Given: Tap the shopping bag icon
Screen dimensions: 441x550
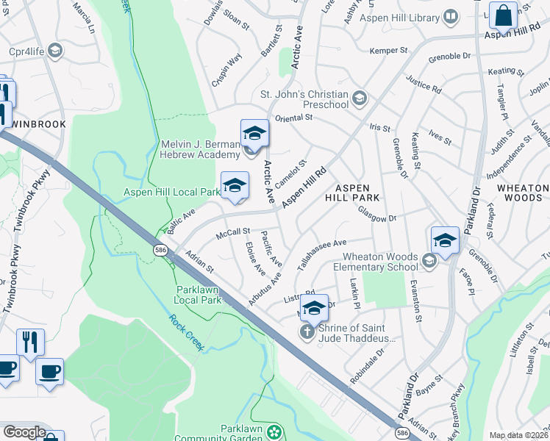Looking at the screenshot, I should pyautogui.click(x=503, y=15).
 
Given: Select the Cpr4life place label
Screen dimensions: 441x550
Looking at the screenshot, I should pyautogui.click(x=25, y=51).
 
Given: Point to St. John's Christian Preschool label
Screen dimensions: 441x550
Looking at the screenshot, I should pyautogui.click(x=304, y=99).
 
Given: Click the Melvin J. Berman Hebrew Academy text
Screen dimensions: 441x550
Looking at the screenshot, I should pyautogui.click(x=201, y=149).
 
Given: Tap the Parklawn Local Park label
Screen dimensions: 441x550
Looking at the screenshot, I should pyautogui.click(x=198, y=294).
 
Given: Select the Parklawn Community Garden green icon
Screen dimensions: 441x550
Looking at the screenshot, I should pyautogui.click(x=274, y=430).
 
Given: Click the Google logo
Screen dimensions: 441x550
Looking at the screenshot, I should pyautogui.click(x=24, y=431).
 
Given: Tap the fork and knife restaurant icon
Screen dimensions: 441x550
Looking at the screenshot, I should pyautogui.click(x=30, y=343).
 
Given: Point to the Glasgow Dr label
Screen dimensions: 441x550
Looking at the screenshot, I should pyautogui.click(x=376, y=213).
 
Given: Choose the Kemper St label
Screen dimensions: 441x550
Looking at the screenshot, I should pyautogui.click(x=388, y=51).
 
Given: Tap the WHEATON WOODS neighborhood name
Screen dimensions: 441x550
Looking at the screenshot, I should pyautogui.click(x=523, y=193).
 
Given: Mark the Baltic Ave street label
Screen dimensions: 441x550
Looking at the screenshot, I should pyautogui.click(x=180, y=221).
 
